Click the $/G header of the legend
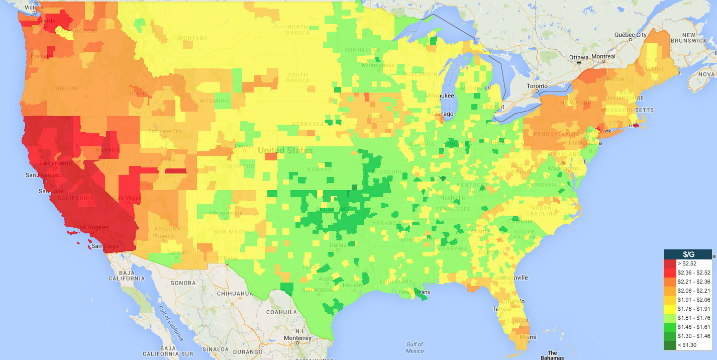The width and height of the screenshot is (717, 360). (x=687, y=254)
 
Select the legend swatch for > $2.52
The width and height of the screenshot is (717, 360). (x=670, y=263)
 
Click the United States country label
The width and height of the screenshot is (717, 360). (x=285, y=150)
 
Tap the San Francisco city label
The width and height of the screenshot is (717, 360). (x=45, y=175)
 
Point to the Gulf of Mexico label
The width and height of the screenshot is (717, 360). (x=415, y=347)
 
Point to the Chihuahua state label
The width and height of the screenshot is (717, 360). (x=235, y=293)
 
